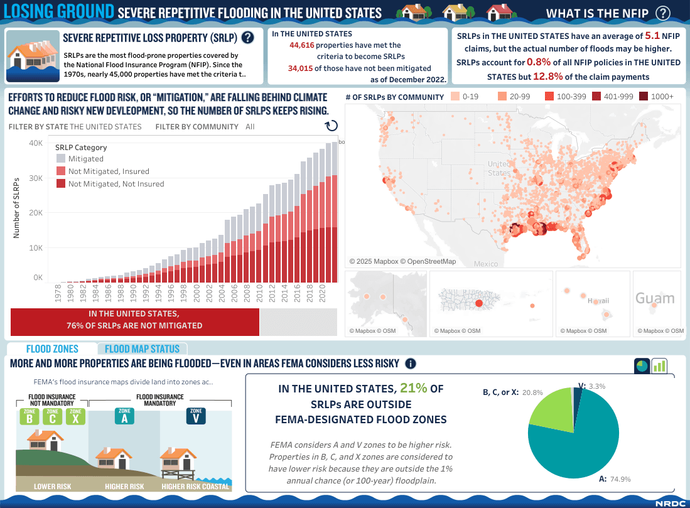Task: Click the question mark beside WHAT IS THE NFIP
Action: pos(662,13)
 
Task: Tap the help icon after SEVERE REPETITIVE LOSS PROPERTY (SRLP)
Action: pos(247,38)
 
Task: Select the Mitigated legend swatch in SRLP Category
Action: pos(61,159)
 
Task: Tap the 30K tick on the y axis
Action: pos(35,178)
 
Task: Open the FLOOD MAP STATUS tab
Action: pos(142,349)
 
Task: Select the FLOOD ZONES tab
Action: pos(52,349)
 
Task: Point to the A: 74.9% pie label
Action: pos(615,479)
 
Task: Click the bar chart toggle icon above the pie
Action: pos(659,365)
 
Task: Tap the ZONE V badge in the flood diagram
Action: pos(195,416)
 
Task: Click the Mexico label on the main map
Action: pos(486,264)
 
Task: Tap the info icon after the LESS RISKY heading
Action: pos(411,364)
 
